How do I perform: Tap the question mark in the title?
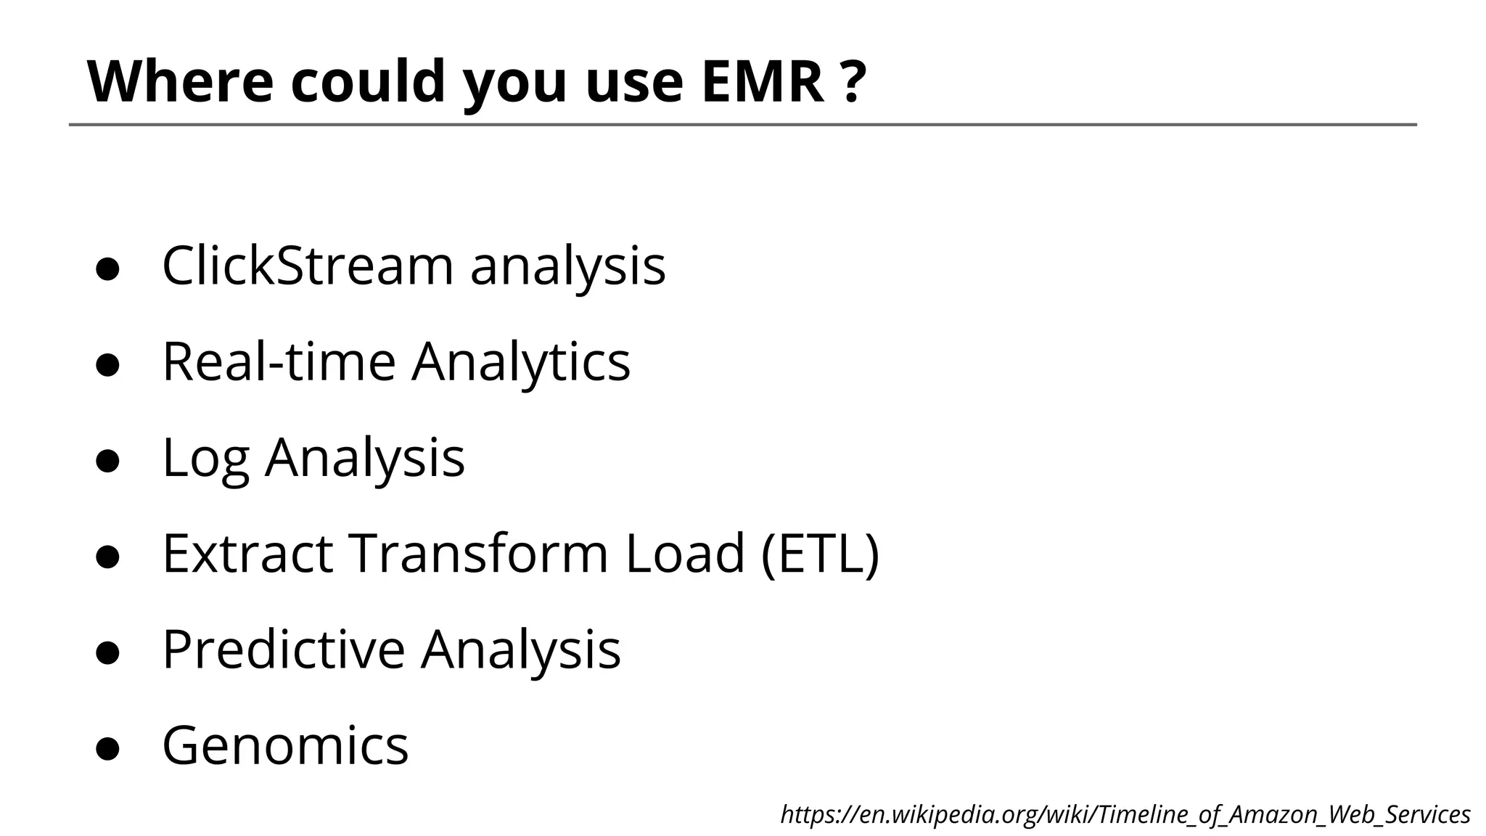tap(855, 81)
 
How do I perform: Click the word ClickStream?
tap(307, 266)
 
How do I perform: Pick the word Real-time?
tap(279, 361)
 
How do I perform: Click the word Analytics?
tap(521, 361)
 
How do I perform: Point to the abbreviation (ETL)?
tap(820, 553)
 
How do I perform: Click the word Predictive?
tap(283, 649)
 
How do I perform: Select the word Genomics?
tap(285, 745)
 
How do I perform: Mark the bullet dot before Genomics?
tap(107, 748)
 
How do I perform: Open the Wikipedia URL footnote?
tap(1125, 814)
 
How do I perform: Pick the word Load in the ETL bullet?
tap(685, 553)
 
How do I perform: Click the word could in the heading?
tap(368, 81)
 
